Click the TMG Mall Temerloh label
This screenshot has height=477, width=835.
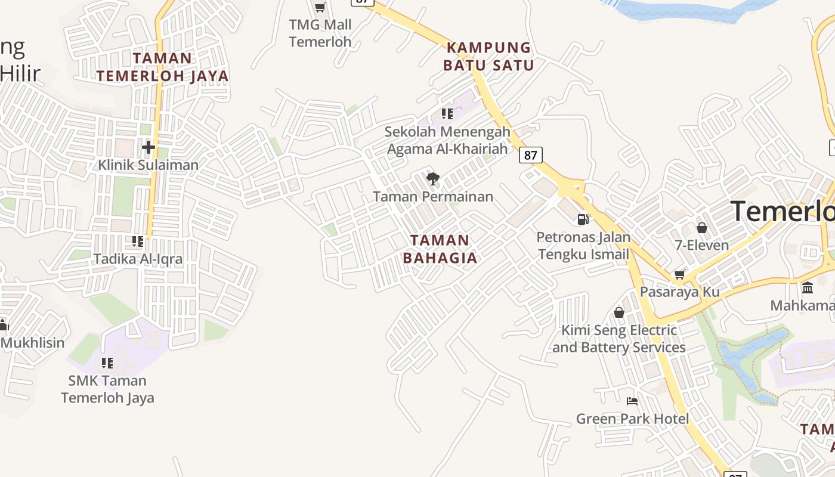(320, 33)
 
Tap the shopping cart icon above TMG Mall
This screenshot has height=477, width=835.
(320, 7)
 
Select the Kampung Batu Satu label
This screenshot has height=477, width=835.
(488, 56)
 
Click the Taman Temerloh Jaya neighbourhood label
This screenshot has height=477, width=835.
(162, 67)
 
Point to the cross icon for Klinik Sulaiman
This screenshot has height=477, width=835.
(149, 147)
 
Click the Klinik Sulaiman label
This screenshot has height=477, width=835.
(149, 165)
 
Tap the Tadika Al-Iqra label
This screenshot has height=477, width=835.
(138, 259)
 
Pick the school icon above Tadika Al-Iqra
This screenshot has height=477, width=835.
(138, 241)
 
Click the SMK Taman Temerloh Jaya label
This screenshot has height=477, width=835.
(107, 389)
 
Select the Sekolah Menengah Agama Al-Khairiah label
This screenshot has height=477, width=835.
(447, 140)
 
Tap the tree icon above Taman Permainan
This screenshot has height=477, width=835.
(433, 178)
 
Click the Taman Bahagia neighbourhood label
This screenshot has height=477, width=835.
(440, 249)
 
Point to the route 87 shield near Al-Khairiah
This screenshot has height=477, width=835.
(530, 156)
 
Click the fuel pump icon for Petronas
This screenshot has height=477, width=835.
(583, 219)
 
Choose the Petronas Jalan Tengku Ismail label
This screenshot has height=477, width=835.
(583, 246)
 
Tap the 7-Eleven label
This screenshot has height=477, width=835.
(702, 245)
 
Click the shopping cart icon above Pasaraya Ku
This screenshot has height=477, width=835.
(679, 274)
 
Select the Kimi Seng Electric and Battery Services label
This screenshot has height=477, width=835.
(619, 339)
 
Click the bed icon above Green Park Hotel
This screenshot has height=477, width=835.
(632, 401)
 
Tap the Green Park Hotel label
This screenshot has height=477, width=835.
(632, 419)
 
